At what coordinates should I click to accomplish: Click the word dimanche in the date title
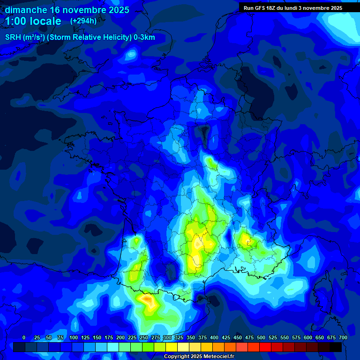pos(26,10)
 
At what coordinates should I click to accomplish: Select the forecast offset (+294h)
pos(83,21)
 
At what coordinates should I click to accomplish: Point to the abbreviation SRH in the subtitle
pos(13,37)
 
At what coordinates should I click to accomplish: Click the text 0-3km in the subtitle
pos(144,37)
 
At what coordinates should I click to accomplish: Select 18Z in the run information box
pos(274,8)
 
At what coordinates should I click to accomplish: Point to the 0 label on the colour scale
pos(24,337)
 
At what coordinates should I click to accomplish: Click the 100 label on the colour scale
pos(74,337)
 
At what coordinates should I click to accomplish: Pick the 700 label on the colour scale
pos(343,337)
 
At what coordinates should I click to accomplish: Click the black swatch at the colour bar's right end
pos(336,347)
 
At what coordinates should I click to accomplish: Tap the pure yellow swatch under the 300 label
pos(172,347)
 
